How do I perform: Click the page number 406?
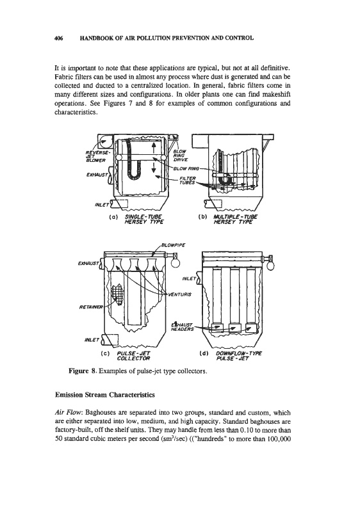tap(58, 38)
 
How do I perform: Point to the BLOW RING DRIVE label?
tap(181, 156)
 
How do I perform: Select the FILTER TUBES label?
tap(188, 180)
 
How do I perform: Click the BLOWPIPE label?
tap(174, 245)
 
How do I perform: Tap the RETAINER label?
tap(91, 307)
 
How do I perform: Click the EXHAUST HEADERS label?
tap(182, 327)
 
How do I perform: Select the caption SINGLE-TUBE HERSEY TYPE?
tap(143, 220)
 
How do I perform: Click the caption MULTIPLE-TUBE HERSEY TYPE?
tap(235, 220)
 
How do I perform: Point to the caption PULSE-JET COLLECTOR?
tap(133, 356)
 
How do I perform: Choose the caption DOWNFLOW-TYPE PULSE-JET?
tap(239, 356)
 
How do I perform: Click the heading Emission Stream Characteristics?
tap(105, 395)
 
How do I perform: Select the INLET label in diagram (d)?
tap(188, 278)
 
